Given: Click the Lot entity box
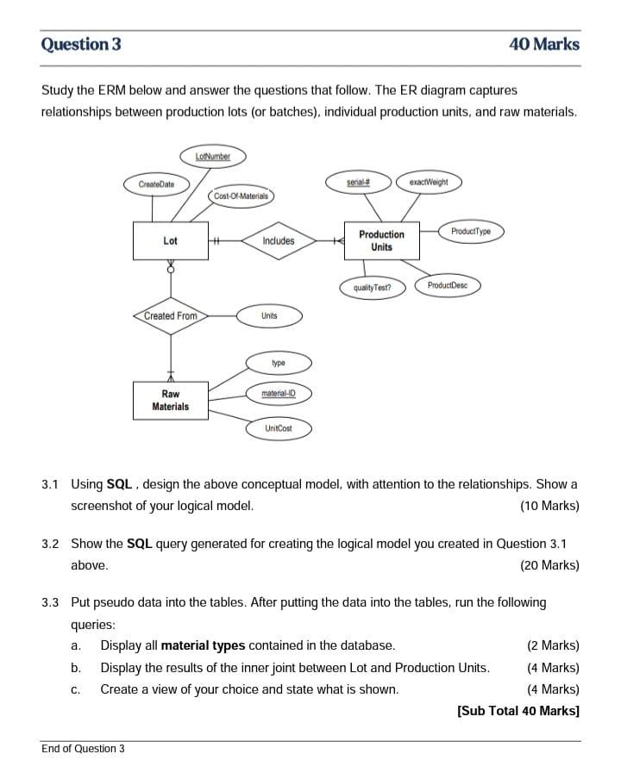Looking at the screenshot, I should coord(170,241).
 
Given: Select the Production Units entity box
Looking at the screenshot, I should coord(381,240).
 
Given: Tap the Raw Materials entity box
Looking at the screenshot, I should coord(170,401).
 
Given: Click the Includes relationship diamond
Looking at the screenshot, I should coord(278,241).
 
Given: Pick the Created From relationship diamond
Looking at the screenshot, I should coord(171,316).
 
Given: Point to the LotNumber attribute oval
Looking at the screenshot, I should coord(213,156).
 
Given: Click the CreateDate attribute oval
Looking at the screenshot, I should coord(156,184).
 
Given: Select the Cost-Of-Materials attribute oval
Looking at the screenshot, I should coord(241,196).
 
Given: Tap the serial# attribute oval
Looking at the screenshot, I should coord(357,182).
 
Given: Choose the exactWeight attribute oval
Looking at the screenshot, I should coord(429,182).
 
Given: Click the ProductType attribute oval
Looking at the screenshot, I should coord(471,231).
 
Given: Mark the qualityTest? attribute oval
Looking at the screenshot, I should coord(373,288).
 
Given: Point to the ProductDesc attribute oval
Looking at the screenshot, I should coord(448,285).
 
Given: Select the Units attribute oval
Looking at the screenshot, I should coord(269,316).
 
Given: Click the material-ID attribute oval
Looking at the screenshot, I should coord(279,394).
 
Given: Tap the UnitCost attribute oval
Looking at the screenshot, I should coord(279,427).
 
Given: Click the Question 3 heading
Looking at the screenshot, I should coord(81,44).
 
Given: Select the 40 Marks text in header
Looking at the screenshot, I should coord(544,44).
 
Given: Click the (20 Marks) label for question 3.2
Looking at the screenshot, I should coord(549,565).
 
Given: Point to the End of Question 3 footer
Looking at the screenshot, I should coord(83,748).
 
